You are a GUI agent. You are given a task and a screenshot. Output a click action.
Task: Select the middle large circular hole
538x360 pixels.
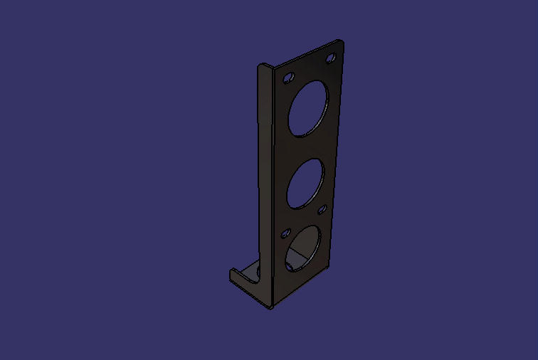(x=306, y=184)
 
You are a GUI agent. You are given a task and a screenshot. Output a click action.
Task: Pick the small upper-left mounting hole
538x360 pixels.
(x=288, y=77)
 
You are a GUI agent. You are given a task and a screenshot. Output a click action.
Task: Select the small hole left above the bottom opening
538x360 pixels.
(x=286, y=233)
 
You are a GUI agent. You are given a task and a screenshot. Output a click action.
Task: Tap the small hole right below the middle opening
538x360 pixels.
(x=322, y=209)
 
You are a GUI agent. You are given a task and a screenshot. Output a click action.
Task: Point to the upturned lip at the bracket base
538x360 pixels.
(x=238, y=277)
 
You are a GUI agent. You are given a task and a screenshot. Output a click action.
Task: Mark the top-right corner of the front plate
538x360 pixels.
(x=343, y=42)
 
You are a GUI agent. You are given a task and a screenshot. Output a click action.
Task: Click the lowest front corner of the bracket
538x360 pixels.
(x=270, y=307)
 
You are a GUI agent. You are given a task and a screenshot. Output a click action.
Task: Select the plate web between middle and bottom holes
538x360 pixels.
(x=305, y=217)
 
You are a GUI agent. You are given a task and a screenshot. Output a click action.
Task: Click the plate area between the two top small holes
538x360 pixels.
(x=310, y=68)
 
